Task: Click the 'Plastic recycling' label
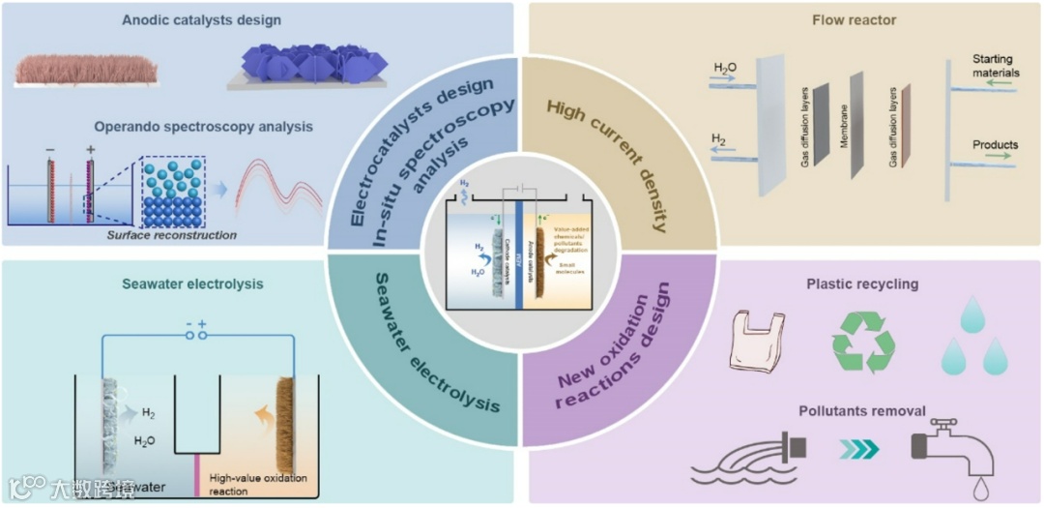861,284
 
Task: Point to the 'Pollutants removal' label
862,410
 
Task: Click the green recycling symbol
863,342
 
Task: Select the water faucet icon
952,450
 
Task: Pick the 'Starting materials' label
996,66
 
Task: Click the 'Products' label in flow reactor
995,145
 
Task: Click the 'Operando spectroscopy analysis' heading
203,127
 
